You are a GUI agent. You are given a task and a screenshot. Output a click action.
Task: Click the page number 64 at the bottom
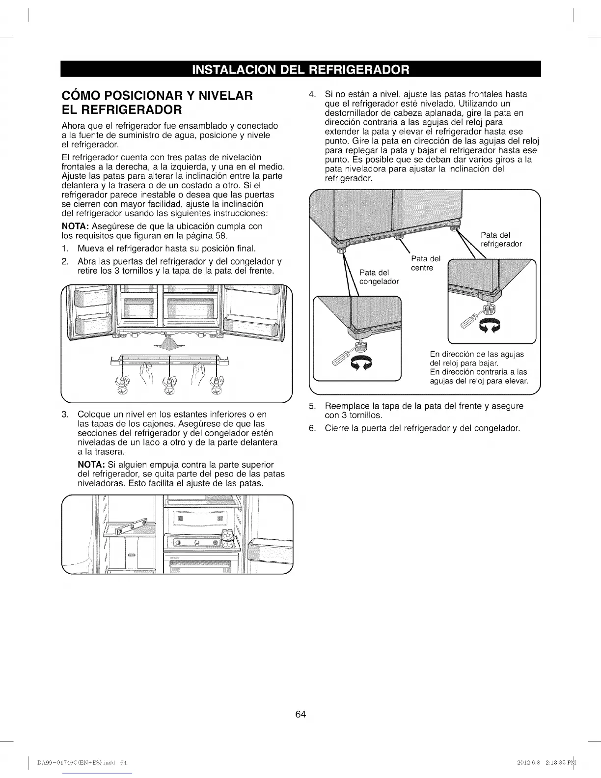tap(300, 714)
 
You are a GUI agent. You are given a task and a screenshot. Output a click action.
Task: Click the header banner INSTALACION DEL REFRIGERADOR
tap(300, 69)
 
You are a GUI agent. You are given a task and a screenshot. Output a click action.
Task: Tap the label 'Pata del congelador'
tap(379, 277)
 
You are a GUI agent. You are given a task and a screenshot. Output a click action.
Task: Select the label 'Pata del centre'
tap(426, 263)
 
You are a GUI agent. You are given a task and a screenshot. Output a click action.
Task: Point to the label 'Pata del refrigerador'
tap(501, 239)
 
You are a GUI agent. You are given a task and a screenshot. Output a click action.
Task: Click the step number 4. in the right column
tap(311, 94)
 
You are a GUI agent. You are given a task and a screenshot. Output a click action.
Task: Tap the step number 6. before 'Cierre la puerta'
tap(312, 428)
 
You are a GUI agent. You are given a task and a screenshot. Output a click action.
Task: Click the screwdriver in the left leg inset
tap(342, 354)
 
